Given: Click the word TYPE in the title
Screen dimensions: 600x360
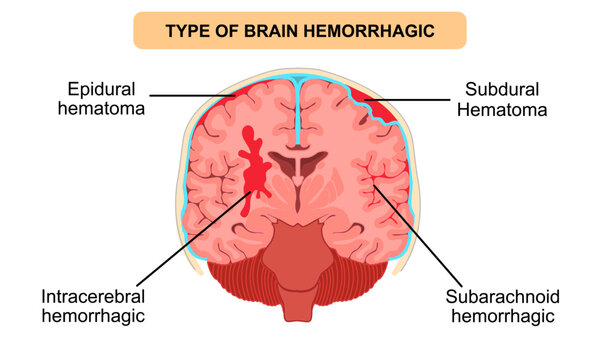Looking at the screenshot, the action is (190, 31).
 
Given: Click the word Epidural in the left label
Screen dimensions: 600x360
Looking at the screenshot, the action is (103, 87).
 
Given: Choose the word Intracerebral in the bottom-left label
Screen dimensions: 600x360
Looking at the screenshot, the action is (93, 297).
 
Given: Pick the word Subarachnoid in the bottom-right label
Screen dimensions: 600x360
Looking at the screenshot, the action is (503, 297).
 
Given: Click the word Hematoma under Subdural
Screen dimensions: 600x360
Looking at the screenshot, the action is (502, 108).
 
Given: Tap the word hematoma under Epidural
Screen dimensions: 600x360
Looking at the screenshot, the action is (103, 108).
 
